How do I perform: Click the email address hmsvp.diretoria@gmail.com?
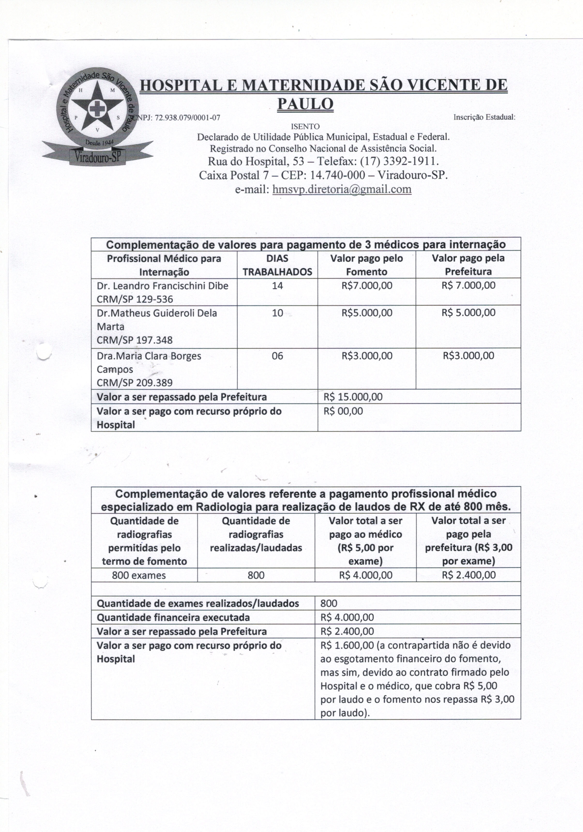[342, 189]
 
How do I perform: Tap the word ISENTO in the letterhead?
[305, 126]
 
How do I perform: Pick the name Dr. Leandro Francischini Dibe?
[162, 286]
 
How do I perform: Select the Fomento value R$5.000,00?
[367, 313]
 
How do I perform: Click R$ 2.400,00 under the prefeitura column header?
[469, 575]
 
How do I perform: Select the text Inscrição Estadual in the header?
[484, 117]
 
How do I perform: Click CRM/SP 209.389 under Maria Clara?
[134, 383]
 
